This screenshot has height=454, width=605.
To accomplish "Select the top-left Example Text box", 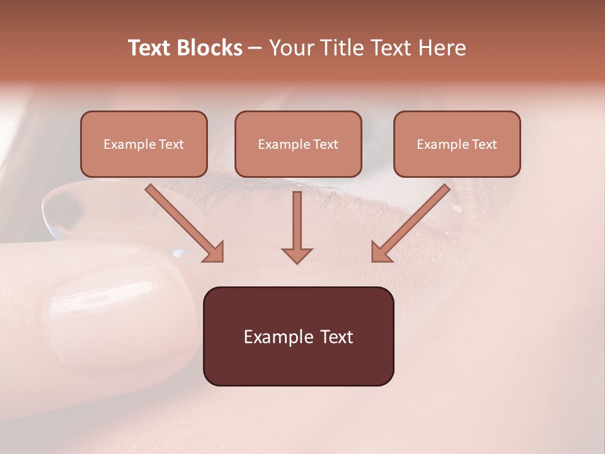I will pyautogui.click(x=144, y=144).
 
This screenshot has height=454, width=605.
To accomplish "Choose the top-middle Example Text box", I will pyautogui.click(x=298, y=144).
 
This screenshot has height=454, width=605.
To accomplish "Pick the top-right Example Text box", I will pyautogui.click(x=457, y=144).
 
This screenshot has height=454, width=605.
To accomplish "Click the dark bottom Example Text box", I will pyautogui.click(x=298, y=336).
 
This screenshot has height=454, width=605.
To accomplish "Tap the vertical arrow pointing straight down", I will pyautogui.click(x=297, y=224).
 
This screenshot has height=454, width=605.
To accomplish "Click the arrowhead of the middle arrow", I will pyautogui.click(x=297, y=255).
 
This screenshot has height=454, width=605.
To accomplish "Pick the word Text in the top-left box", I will pyautogui.click(x=171, y=144).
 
